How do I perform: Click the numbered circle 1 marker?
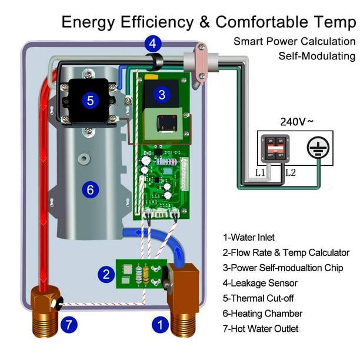158,324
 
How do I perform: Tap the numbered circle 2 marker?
106,274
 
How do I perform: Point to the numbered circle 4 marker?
152,43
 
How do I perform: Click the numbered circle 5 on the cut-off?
90,100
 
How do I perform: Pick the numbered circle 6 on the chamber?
90,189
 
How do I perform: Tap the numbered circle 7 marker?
69,324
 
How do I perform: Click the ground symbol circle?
318,149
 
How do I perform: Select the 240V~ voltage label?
296,122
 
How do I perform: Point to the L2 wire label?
291,174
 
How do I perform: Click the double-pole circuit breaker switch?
273,149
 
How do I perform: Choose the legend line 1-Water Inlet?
249,238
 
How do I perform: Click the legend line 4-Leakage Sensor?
260,284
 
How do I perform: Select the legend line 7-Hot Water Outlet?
261,329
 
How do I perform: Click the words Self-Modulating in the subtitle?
317,56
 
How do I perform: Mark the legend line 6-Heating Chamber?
262,314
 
